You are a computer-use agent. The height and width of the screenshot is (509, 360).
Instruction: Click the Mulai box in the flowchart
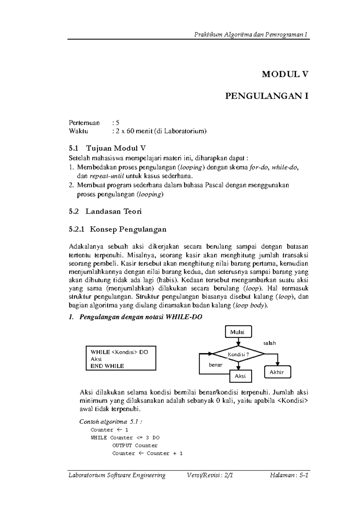pos(238,332)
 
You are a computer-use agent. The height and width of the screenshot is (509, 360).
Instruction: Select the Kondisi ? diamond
pos(238,354)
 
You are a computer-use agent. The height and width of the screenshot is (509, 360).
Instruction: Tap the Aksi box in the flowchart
pos(240,376)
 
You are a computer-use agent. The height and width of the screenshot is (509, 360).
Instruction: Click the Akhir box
pos(277,372)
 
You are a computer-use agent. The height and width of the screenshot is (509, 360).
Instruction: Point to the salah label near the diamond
pos(269,343)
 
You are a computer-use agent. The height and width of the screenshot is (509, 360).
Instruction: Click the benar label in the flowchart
pos(215,365)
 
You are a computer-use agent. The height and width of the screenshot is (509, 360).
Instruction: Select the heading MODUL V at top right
pos(285,74)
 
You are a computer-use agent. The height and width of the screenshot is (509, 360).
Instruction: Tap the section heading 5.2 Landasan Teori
pos(105,211)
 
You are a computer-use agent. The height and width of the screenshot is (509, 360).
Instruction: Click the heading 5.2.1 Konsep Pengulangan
pos(117,229)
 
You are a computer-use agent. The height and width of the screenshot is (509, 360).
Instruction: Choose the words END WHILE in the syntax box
pos(107,366)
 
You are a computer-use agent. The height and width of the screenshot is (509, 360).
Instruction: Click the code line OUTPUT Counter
pos(135,445)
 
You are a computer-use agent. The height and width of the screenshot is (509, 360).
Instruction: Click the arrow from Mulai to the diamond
pos(238,342)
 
